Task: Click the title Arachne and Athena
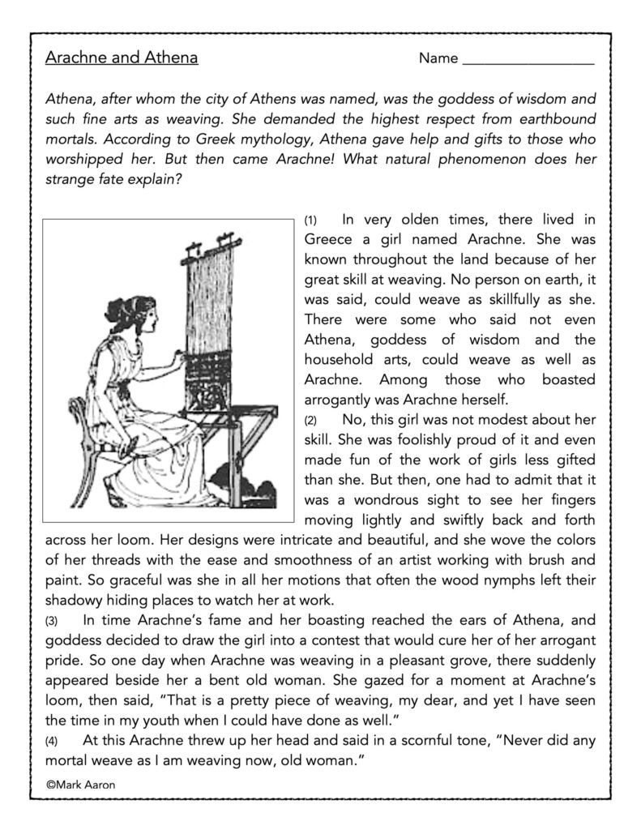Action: (x=122, y=58)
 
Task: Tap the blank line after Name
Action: (x=528, y=61)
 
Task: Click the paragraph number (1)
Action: (x=312, y=221)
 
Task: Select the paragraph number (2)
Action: (x=312, y=421)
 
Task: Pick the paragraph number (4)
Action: (x=53, y=739)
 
